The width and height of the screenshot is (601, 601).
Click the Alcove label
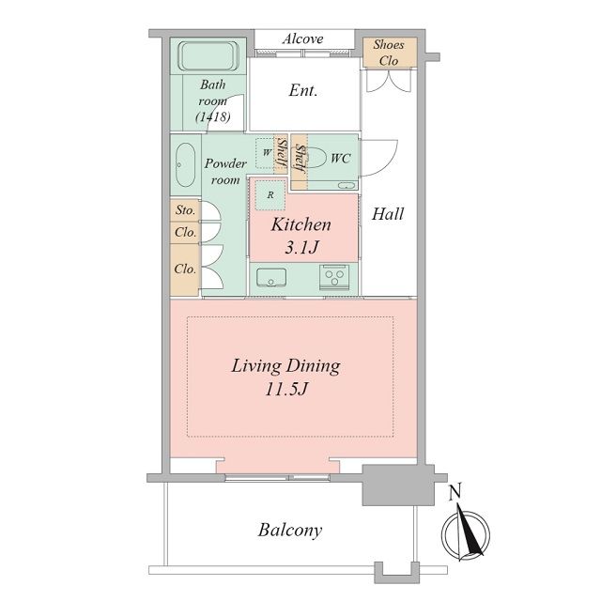click(302, 39)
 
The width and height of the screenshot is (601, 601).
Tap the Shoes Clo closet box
click(390, 53)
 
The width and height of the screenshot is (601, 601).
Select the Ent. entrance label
click(303, 91)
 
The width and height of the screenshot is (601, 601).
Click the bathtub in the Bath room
click(208, 56)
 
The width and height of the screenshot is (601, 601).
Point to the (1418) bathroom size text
click(213, 116)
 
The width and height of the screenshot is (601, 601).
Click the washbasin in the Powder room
click(185, 165)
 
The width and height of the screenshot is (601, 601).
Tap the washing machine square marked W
click(266, 153)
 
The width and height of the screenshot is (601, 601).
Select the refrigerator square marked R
click(270, 194)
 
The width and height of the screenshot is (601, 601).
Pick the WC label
click(341, 158)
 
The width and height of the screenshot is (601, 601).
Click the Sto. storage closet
click(185, 210)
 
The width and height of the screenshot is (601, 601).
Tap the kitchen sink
click(271, 278)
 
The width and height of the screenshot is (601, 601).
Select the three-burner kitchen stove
click(334, 277)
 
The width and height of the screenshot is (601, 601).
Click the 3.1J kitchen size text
click(302, 248)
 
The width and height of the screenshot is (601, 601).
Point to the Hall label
click(388, 214)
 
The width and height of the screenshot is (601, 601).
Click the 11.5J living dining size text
click(286, 390)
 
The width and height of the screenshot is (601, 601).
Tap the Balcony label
click(290, 531)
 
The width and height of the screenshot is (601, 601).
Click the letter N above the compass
click(455, 492)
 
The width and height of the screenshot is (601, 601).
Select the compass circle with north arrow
click(466, 534)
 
